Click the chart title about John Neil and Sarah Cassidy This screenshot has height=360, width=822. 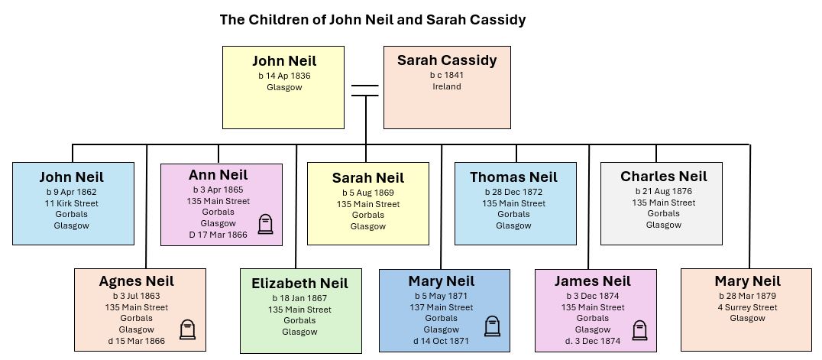373,20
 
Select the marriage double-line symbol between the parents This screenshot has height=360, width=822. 365,90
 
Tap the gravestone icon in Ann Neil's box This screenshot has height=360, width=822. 265,224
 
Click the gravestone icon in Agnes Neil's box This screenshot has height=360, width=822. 187,329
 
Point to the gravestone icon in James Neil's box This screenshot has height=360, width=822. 639,329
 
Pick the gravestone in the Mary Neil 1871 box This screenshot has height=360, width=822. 492,326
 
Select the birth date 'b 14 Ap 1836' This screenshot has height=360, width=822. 284,76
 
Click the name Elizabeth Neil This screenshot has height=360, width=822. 299,284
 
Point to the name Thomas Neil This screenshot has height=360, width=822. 513,177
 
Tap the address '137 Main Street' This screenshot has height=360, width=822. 442,307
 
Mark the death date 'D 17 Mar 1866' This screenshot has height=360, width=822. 218,235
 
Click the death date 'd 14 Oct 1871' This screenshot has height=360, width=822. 442,340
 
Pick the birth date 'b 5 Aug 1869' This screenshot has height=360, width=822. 368,193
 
